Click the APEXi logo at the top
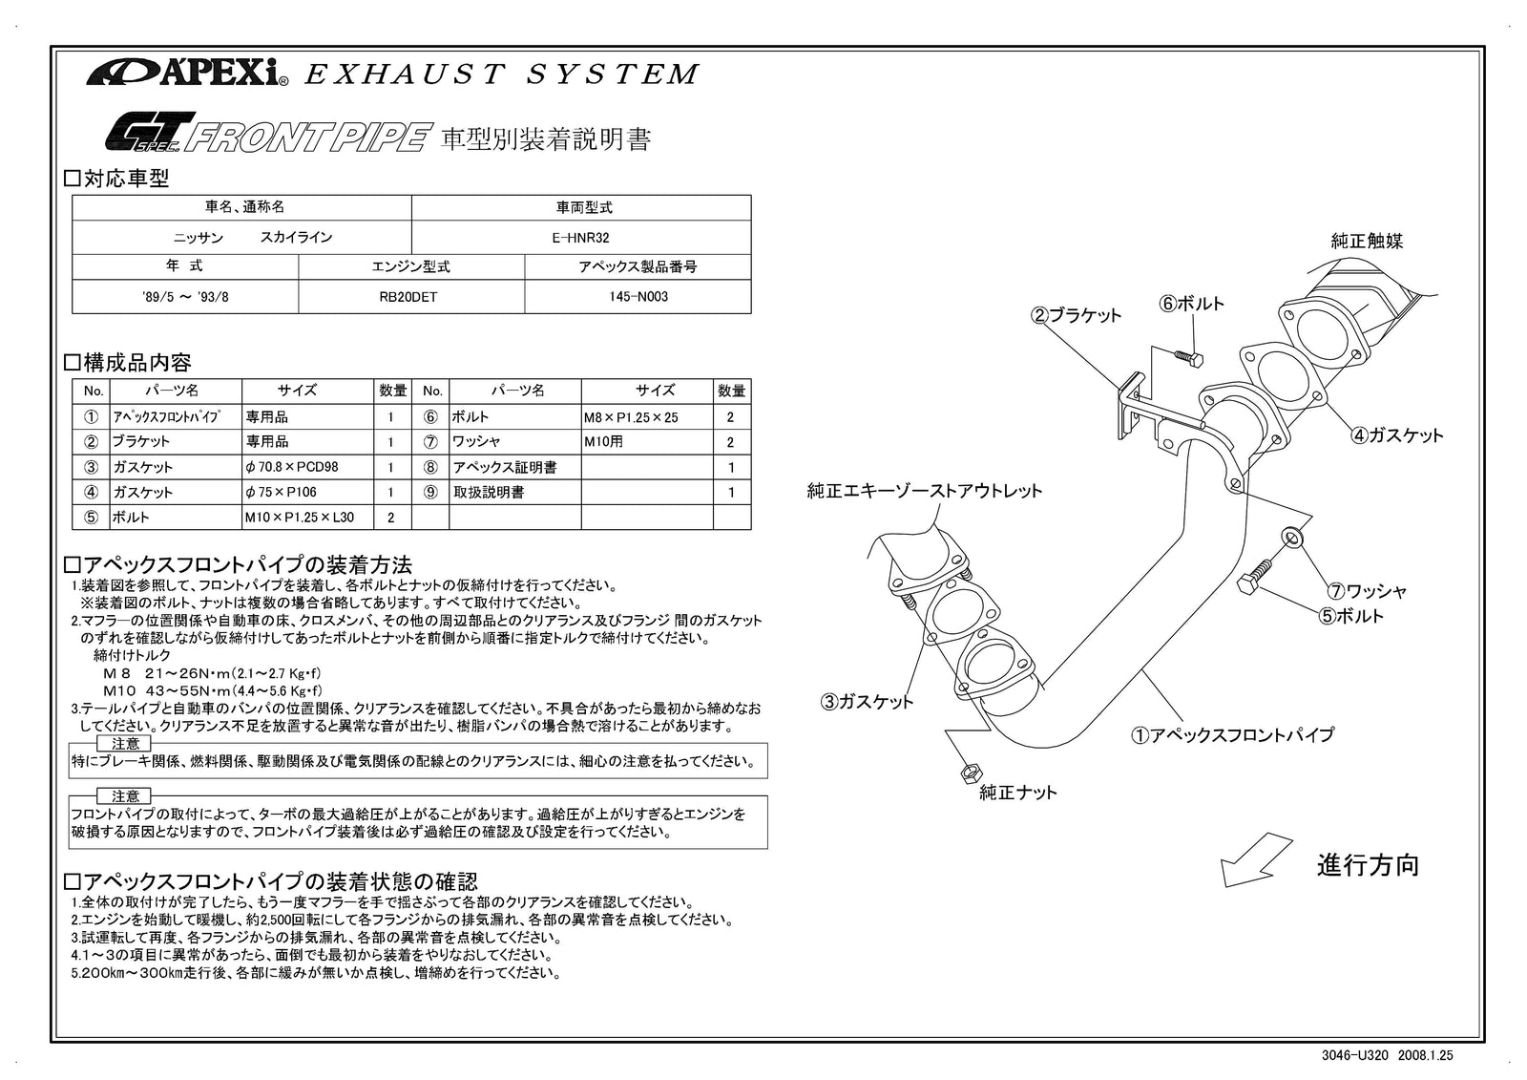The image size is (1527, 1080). point(187,73)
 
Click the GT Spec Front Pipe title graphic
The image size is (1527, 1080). point(263,137)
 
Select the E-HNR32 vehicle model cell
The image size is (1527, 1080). point(580,237)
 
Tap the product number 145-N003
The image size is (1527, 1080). point(638,297)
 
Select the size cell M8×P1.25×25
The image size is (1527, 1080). point(631,417)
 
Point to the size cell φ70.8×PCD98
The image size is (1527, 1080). point(291,467)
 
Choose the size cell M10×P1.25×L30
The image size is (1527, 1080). point(299,518)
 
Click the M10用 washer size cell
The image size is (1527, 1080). point(603,442)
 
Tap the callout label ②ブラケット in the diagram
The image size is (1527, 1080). point(1076,315)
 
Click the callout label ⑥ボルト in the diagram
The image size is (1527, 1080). point(1192,304)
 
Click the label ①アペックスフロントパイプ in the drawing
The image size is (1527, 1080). point(1232,734)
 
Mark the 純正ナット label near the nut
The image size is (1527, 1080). point(1018,792)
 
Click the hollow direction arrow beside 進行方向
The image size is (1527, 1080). point(1254,858)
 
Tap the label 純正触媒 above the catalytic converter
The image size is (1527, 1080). point(1367,242)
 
